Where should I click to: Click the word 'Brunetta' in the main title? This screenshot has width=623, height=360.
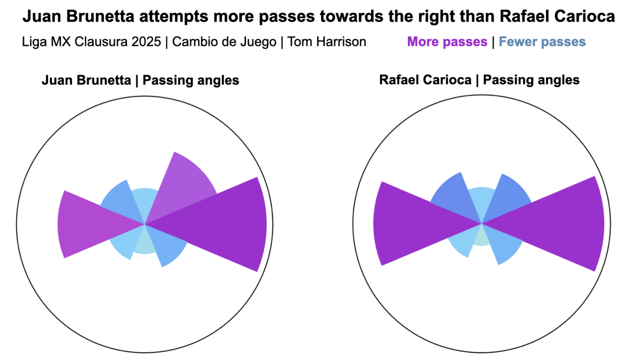click(x=100, y=16)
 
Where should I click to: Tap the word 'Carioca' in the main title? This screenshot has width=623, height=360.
click(x=585, y=16)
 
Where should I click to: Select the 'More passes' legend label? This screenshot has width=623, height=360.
click(x=447, y=42)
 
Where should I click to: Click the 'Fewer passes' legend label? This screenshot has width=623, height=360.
click(x=542, y=42)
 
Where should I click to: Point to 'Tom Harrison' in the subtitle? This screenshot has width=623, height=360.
click(x=327, y=42)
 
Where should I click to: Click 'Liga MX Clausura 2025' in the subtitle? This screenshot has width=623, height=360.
click(x=92, y=42)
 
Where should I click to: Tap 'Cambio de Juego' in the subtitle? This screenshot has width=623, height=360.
click(x=224, y=42)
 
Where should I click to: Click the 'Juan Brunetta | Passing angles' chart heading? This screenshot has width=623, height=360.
click(x=140, y=80)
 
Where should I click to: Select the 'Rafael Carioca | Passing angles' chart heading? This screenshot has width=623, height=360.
click(x=479, y=80)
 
